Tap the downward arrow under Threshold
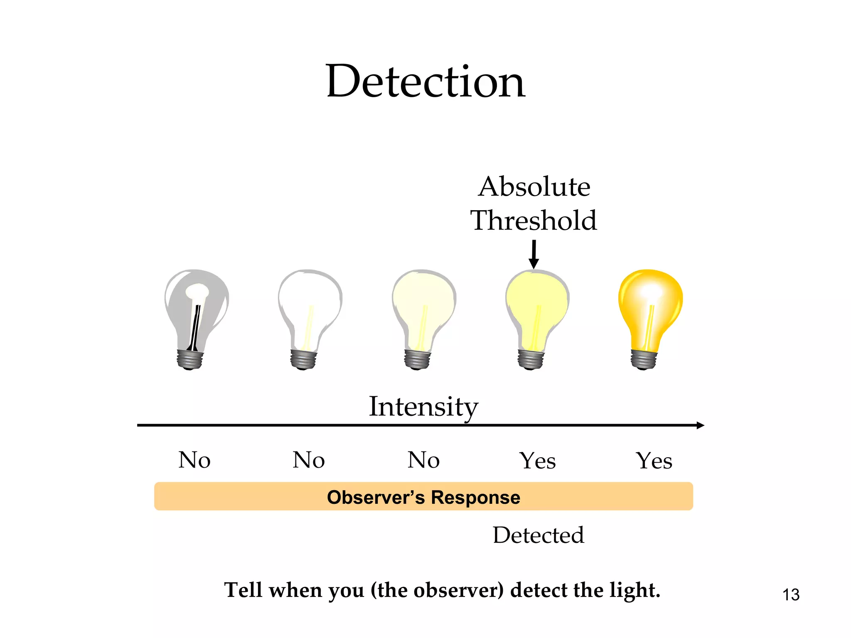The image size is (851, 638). [x=534, y=254]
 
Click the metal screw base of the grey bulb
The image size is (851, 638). [x=190, y=359]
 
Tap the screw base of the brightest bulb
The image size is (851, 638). [x=644, y=359]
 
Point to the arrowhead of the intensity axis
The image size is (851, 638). [x=700, y=425]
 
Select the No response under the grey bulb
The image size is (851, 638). [x=194, y=460]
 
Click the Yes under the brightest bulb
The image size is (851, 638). [x=654, y=461]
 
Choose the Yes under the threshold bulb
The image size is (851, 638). [x=538, y=461]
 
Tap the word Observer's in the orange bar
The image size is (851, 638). [x=376, y=497]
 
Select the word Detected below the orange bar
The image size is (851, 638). [x=539, y=535]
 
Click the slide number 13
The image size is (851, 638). [x=791, y=595]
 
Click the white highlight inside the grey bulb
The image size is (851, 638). [x=197, y=291]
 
